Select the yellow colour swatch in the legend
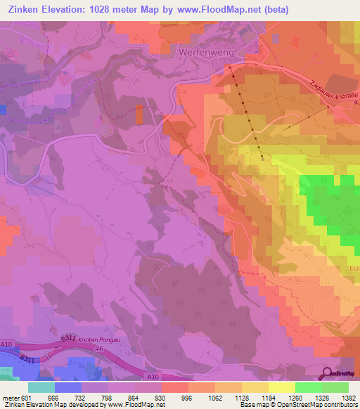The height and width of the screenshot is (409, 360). coord(281,387)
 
